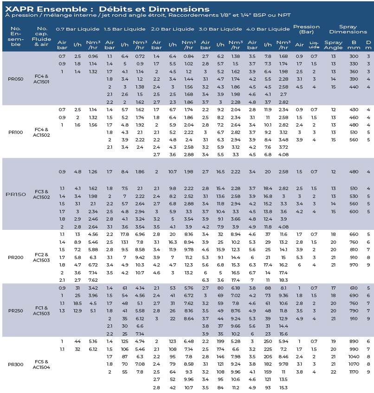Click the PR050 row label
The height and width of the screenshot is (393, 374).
tap(16, 79)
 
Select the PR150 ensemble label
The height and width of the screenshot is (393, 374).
tap(16, 194)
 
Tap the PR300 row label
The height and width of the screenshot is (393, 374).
tap(16, 364)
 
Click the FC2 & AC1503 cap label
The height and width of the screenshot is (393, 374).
tap(41, 257)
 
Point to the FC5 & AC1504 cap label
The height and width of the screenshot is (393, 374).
tap(41, 364)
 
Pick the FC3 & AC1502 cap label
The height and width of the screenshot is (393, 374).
tap(41, 194)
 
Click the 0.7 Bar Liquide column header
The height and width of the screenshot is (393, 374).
tap(77, 29)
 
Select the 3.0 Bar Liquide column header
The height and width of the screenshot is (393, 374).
tap(220, 29)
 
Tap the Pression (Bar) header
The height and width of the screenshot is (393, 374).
tap(306, 29)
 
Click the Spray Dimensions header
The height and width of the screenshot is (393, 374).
tap(348, 29)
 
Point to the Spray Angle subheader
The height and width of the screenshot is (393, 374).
tap(333, 45)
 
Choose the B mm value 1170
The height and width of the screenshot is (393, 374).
tap(354, 372)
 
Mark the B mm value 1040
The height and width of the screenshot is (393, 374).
tap(354, 357)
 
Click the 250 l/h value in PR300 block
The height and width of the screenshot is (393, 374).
tap(268, 342)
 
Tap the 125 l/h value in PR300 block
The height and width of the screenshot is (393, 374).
tap(125, 342)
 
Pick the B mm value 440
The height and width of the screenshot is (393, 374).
tap(354, 87)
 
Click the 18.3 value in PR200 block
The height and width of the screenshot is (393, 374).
tap(284, 280)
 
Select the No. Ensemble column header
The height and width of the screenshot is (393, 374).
tap(16, 36)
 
